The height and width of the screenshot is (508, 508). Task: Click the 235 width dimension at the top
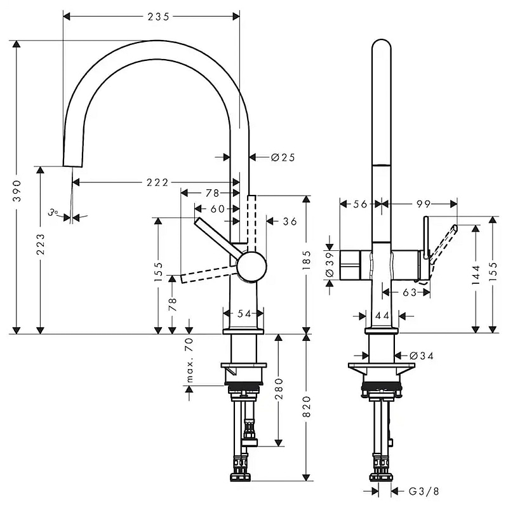coord(158,17)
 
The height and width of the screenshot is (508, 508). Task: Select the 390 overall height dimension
coord(17,191)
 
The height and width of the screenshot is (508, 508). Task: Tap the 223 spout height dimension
coord(41,244)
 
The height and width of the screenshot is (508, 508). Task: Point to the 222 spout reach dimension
coord(157,182)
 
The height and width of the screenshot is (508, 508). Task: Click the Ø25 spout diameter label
coord(283,157)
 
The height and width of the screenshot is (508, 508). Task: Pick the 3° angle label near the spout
coord(53,213)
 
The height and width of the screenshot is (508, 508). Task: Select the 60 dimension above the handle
coord(217,209)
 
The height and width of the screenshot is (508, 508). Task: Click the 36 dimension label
coord(290,221)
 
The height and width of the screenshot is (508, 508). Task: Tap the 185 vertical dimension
coord(306,260)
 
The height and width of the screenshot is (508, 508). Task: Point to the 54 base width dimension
coord(244,314)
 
